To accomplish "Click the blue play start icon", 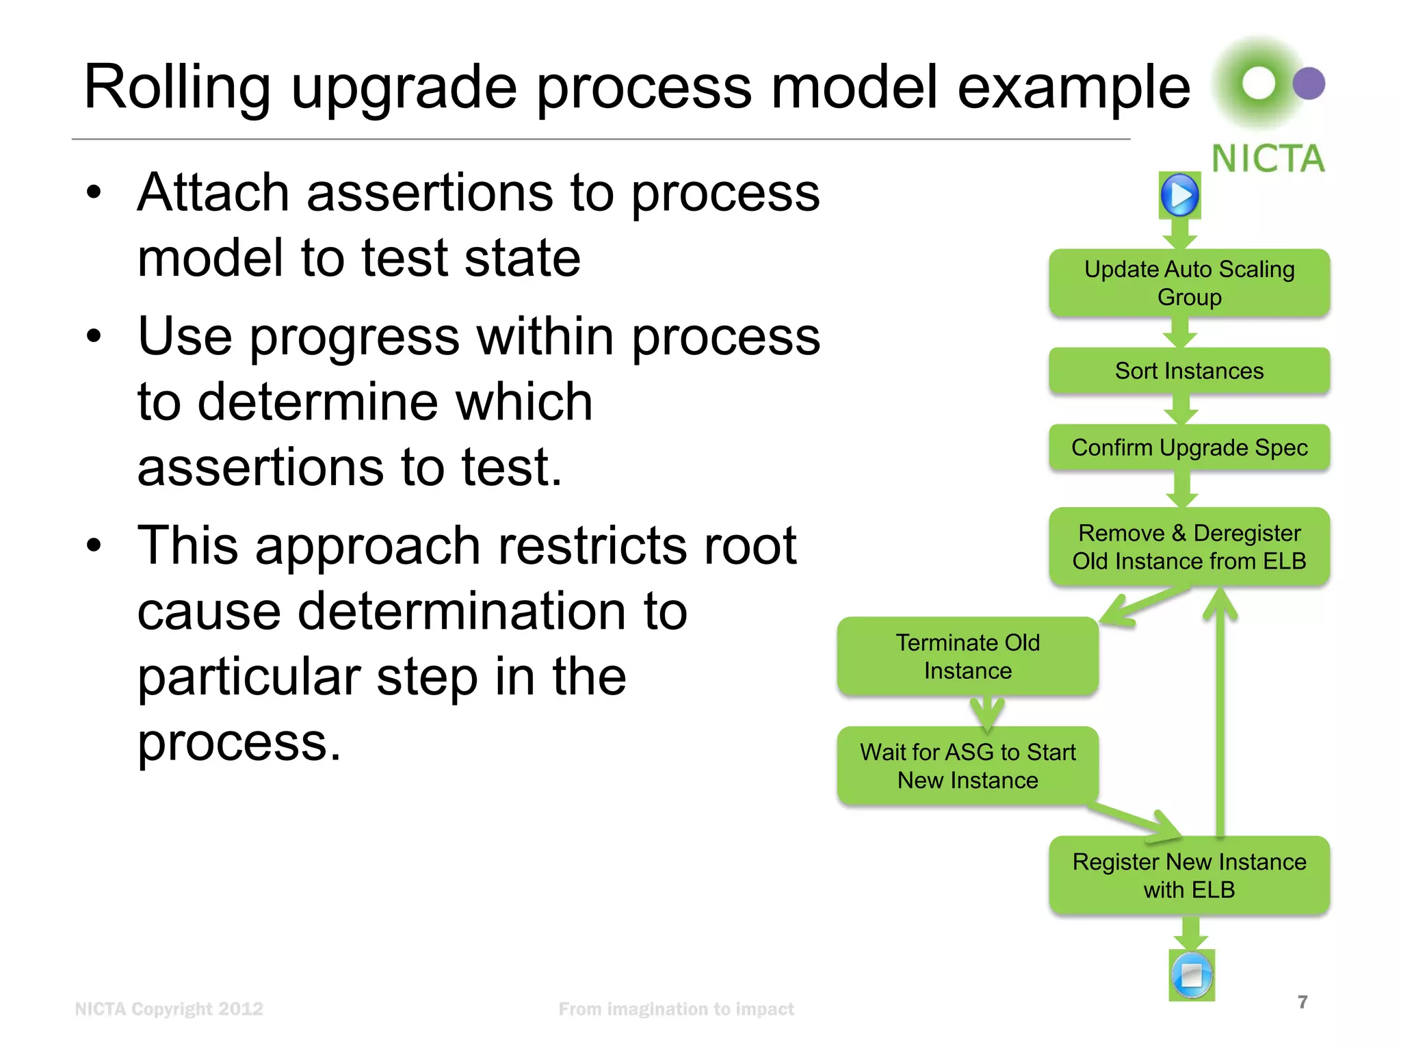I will pyautogui.click(x=1180, y=195).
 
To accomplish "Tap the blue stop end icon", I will pyautogui.click(x=1192, y=975).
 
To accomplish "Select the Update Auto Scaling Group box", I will pyautogui.click(x=1189, y=283).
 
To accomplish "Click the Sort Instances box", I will pyautogui.click(x=1189, y=371).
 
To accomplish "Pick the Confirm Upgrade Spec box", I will pyautogui.click(x=1189, y=447).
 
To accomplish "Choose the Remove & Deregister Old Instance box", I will pyautogui.click(x=1189, y=547).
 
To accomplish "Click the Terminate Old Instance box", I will pyautogui.click(x=967, y=656).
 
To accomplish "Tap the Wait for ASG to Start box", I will pyautogui.click(x=967, y=766).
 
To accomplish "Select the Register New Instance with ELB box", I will pyautogui.click(x=1189, y=875).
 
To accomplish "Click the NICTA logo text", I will pyautogui.click(x=1268, y=159).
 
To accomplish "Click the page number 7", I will pyautogui.click(x=1302, y=1002).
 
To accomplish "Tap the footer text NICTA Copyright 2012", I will pyautogui.click(x=169, y=1009).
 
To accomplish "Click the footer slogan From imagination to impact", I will pyautogui.click(x=676, y=1009).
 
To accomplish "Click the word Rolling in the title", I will pyautogui.click(x=176, y=87).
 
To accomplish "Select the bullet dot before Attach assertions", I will pyautogui.click(x=94, y=193).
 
